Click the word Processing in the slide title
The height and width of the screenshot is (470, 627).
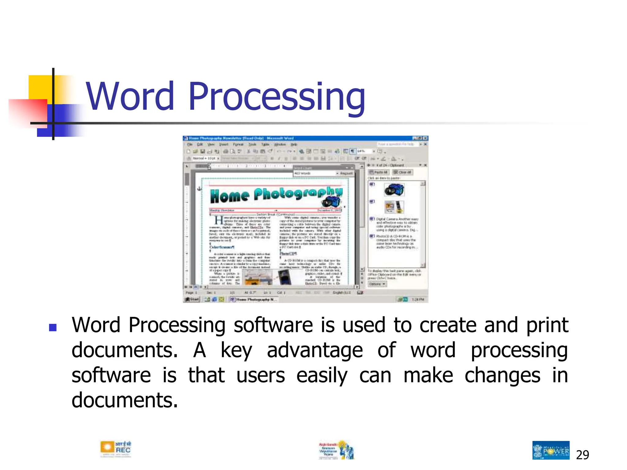[277, 97]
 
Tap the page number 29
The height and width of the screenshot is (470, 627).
[582, 455]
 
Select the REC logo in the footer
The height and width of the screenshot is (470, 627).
[115, 449]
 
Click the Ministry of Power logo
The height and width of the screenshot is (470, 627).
[551, 450]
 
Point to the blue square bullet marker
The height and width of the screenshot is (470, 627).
[53, 328]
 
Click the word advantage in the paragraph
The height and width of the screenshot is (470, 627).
[315, 350]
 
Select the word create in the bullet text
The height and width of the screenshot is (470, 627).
[448, 325]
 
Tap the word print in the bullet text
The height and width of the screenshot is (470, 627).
[547, 325]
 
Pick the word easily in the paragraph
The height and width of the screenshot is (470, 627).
[322, 376]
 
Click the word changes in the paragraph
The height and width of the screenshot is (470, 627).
[502, 376]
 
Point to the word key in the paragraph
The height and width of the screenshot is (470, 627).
[236, 350]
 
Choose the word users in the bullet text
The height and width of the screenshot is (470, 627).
[261, 376]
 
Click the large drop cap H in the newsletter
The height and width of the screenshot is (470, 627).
[219, 220]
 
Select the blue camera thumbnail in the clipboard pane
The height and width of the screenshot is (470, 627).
[394, 190]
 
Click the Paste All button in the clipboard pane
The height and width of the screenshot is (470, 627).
[378, 172]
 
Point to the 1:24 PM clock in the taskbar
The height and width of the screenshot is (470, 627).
[418, 299]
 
